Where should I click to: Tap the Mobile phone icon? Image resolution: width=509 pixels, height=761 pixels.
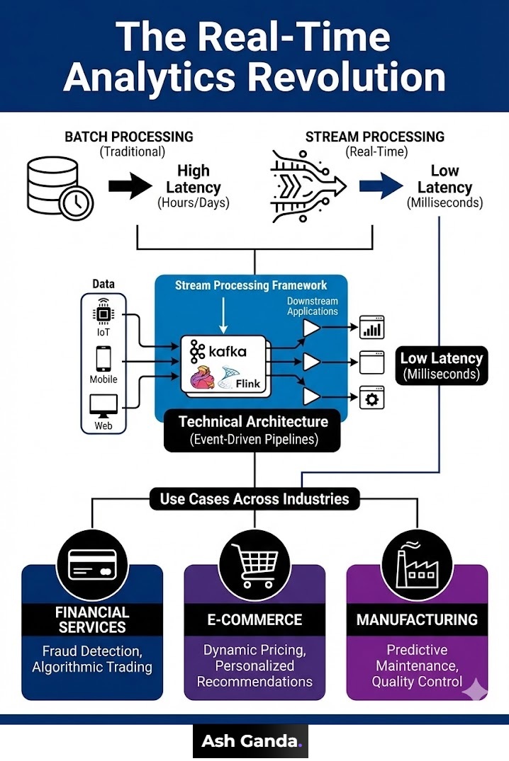(x=104, y=358)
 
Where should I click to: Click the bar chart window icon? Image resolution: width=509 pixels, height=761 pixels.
(x=371, y=328)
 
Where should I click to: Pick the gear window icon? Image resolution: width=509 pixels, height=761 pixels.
(x=371, y=398)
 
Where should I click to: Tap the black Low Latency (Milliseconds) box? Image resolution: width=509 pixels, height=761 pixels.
(x=441, y=365)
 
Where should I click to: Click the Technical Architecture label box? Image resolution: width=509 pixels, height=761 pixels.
(x=253, y=430)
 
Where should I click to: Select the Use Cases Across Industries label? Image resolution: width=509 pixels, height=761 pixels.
(x=254, y=498)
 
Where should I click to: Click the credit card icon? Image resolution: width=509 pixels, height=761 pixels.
(x=92, y=563)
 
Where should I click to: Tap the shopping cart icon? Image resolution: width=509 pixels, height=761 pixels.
(x=254, y=563)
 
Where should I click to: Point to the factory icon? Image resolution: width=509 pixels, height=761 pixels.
(x=416, y=563)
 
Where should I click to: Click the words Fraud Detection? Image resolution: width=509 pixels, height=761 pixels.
(x=92, y=650)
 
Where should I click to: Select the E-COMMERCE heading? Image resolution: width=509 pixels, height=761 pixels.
(x=254, y=619)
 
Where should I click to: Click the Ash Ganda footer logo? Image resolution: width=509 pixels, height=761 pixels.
(x=252, y=741)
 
